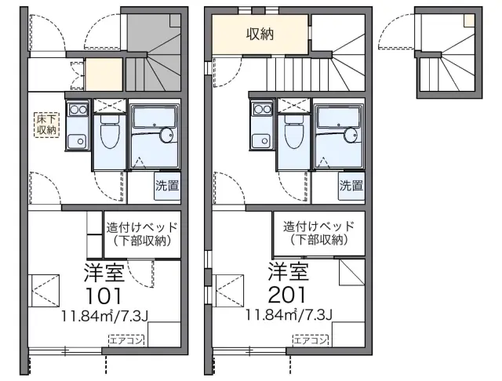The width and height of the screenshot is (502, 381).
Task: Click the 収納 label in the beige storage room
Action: (x=260, y=34)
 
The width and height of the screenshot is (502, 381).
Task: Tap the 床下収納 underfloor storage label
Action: (x=47, y=125)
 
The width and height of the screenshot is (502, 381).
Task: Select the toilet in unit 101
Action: (x=110, y=135)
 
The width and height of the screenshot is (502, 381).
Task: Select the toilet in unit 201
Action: (x=294, y=135)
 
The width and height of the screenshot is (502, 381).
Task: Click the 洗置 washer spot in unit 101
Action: (x=167, y=186)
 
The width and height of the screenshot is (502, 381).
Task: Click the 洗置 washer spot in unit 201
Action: (x=351, y=186)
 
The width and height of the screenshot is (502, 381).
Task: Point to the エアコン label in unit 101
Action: (x=126, y=340)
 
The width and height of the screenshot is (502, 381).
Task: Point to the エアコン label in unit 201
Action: (x=311, y=340)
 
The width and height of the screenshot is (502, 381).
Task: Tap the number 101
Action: (x=104, y=296)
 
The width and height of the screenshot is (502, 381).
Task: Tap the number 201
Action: (x=288, y=295)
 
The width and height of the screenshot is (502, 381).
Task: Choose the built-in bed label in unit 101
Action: (x=142, y=234)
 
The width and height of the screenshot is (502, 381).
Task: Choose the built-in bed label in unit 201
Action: (x=319, y=233)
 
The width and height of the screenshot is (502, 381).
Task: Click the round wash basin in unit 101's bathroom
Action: (x=166, y=135)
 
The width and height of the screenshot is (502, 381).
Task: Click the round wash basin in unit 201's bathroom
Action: (x=351, y=135)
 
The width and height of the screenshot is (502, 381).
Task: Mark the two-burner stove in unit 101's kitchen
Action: (x=78, y=110)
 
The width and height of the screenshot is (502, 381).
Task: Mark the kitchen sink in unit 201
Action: (x=263, y=140)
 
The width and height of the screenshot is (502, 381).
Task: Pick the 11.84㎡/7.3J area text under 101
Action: (x=104, y=316)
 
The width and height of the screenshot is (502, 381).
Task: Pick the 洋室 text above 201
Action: (x=289, y=271)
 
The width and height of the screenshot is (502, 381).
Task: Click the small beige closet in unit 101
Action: (x=104, y=74)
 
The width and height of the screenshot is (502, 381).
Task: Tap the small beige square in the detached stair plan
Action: (x=469, y=21)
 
